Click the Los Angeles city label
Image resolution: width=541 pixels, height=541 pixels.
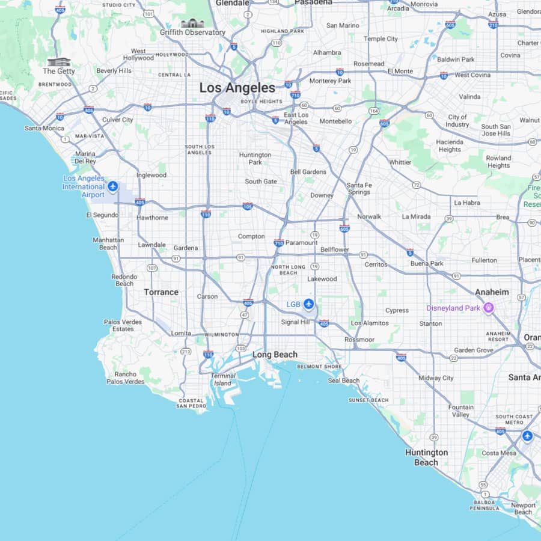point(237,88)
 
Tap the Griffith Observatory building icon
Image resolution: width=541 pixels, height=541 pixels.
point(192,23)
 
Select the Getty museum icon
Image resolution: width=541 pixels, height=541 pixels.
point(59,62)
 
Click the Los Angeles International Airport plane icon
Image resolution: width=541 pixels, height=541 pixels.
point(112,187)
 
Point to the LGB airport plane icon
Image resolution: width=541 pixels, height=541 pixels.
point(308,304)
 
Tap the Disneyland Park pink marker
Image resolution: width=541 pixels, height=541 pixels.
point(489,308)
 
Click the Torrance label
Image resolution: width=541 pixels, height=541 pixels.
point(161,292)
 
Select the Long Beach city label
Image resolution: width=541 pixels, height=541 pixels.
point(275,355)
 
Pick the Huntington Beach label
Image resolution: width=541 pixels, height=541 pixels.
point(426,457)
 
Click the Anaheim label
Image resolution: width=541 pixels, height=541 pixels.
point(492,292)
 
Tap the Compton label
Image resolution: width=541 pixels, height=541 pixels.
point(251,236)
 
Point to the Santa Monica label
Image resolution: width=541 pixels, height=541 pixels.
point(44,128)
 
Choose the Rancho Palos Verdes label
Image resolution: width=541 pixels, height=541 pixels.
point(126,377)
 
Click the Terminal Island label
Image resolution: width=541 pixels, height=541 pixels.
point(222,379)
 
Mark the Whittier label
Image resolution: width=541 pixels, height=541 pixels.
point(400,162)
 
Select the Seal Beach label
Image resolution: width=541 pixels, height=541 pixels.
point(343,381)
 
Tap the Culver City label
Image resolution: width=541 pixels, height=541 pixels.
point(118,120)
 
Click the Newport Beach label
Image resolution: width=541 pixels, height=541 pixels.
point(523,509)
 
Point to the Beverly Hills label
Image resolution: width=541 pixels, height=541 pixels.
point(114,70)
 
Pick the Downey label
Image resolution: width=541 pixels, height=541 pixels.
point(322,195)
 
